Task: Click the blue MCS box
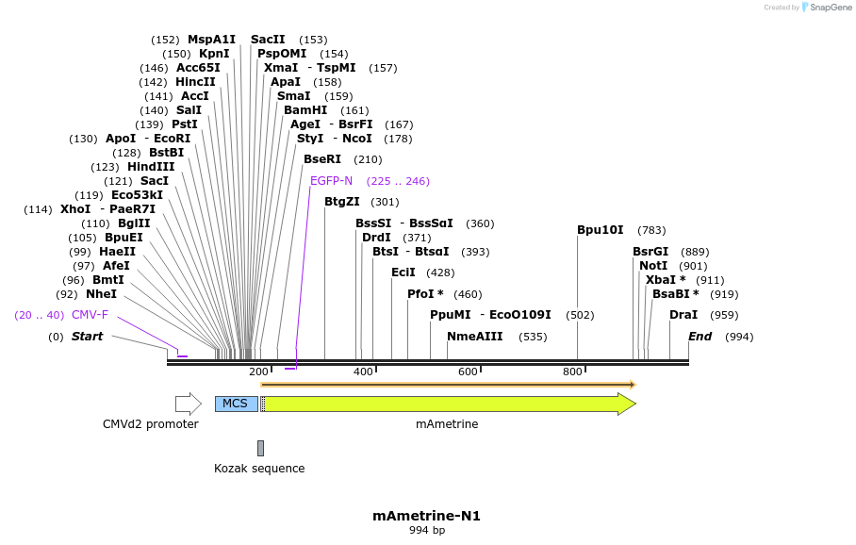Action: [x=236, y=404]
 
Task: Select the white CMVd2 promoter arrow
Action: [x=188, y=404]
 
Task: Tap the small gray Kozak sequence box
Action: [x=260, y=448]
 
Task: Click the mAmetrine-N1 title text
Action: [x=426, y=516]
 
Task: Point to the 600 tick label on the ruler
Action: [x=468, y=372]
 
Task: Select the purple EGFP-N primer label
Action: [x=331, y=181]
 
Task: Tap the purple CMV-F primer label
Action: [x=90, y=315]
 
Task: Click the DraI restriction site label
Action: [x=683, y=315]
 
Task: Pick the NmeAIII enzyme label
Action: [x=475, y=337]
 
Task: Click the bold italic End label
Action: [x=700, y=337]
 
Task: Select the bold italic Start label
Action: [x=87, y=337]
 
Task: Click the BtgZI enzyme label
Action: [x=342, y=202]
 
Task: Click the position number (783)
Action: [x=651, y=230]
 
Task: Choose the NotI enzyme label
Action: [x=653, y=266]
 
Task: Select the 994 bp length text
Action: [x=426, y=531]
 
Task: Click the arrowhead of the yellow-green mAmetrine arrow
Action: [x=627, y=404]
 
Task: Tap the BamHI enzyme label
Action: [x=305, y=110]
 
